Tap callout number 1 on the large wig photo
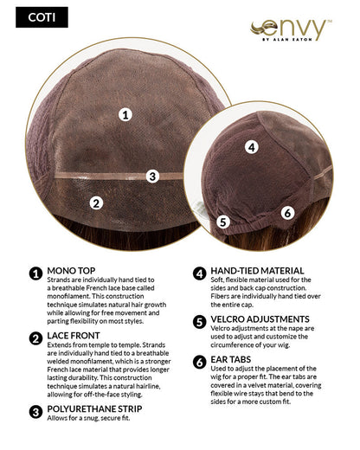(x=125, y=113)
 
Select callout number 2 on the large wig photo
(x=97, y=203)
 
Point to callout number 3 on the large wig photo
(x=152, y=177)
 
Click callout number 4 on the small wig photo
(x=250, y=147)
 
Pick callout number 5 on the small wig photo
(x=222, y=222)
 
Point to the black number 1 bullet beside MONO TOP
(x=35, y=273)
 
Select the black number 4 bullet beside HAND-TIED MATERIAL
(x=198, y=273)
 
